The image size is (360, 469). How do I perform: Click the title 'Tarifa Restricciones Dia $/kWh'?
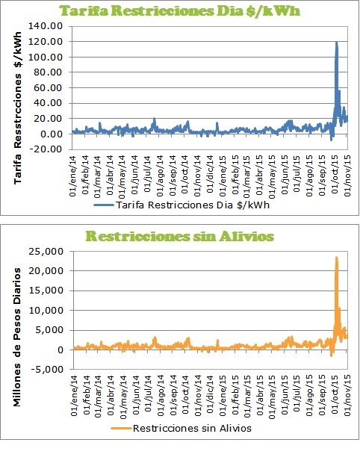pos(180,11)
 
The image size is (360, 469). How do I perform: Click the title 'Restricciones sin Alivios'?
pos(180,236)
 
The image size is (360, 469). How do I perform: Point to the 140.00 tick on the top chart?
pos(46,26)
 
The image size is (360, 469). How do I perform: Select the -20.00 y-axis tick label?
pos(46,149)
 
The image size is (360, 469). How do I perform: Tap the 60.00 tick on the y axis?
pos(48,87)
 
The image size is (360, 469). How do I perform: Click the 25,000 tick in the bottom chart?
pos(46,251)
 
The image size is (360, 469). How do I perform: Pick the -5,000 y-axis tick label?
pos(46,369)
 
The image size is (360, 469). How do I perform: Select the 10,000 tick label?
pos(46,311)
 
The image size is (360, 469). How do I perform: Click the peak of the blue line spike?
pos(337,42)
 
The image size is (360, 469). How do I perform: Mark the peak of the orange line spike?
pos(337,257)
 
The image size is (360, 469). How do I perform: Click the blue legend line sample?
pos(104,205)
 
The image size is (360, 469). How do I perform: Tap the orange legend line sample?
pos(121,429)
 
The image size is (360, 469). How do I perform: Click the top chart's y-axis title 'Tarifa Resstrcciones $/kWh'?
pos(18,108)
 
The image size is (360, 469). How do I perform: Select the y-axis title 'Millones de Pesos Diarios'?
pos(17,337)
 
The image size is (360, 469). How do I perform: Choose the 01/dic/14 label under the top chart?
pos(211,174)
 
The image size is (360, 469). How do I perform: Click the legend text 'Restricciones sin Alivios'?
pos(192,429)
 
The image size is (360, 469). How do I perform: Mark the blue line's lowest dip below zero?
pos(332,140)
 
